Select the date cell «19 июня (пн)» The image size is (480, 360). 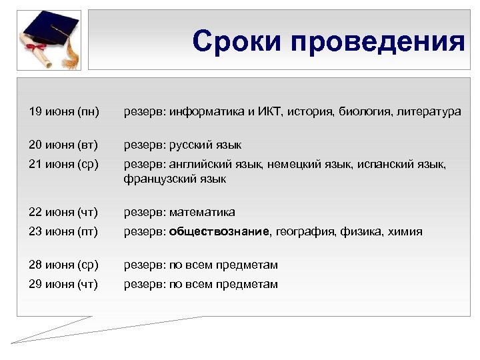[63, 111]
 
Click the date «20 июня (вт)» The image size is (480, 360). [63, 145]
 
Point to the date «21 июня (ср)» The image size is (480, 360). [63, 164]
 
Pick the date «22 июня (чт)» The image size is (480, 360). [63, 212]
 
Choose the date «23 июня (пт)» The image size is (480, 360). [63, 231]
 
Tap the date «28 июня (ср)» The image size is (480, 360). [63, 265]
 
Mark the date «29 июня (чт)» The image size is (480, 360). [63, 284]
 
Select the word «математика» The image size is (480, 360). [202, 212]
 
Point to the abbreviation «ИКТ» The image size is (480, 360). [271, 111]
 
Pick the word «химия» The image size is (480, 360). [407, 231]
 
